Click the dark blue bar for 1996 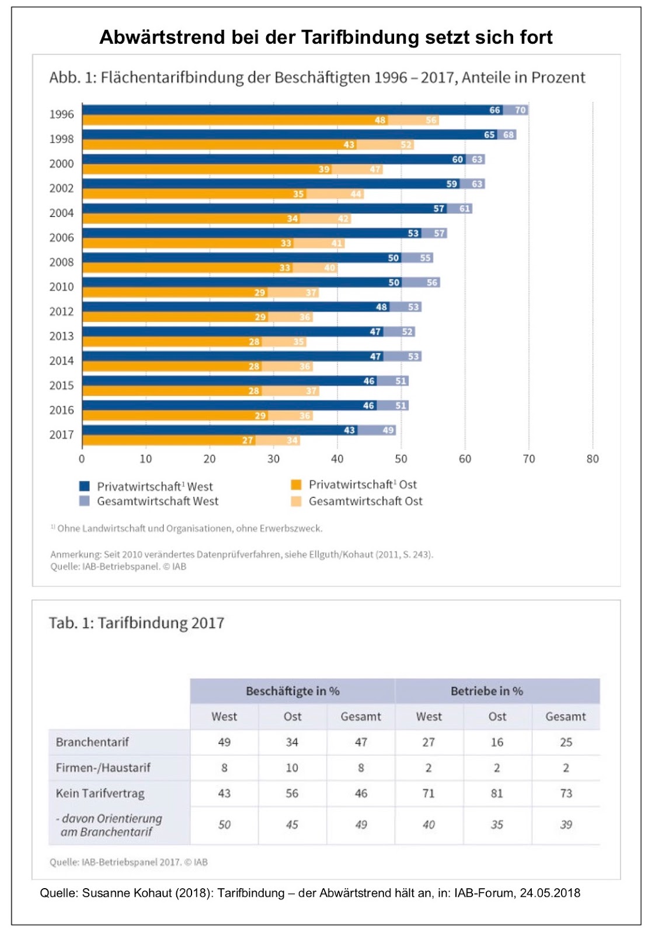pyautogui.click(x=292, y=110)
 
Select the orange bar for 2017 pyautogui.click(x=169, y=440)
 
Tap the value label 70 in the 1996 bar pyautogui.click(x=520, y=110)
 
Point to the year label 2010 pyautogui.click(x=61, y=287)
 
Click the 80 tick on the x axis pyautogui.click(x=592, y=459)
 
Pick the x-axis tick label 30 pyautogui.click(x=273, y=459)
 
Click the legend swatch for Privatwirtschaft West pyautogui.click(x=84, y=486)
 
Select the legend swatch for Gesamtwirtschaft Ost pyautogui.click(x=295, y=501)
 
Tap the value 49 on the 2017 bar pyautogui.click(x=388, y=430)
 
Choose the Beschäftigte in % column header pyautogui.click(x=292, y=691)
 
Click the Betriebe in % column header pyautogui.click(x=486, y=691)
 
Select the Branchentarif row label pyautogui.click(x=92, y=742)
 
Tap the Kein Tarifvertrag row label pyautogui.click(x=100, y=793)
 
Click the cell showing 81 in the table pyautogui.click(x=497, y=793)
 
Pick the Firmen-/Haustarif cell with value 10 pyautogui.click(x=292, y=767)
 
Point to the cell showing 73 pyautogui.click(x=566, y=793)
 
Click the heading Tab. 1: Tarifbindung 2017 pyautogui.click(x=137, y=623)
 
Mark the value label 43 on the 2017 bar pyautogui.click(x=349, y=430)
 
